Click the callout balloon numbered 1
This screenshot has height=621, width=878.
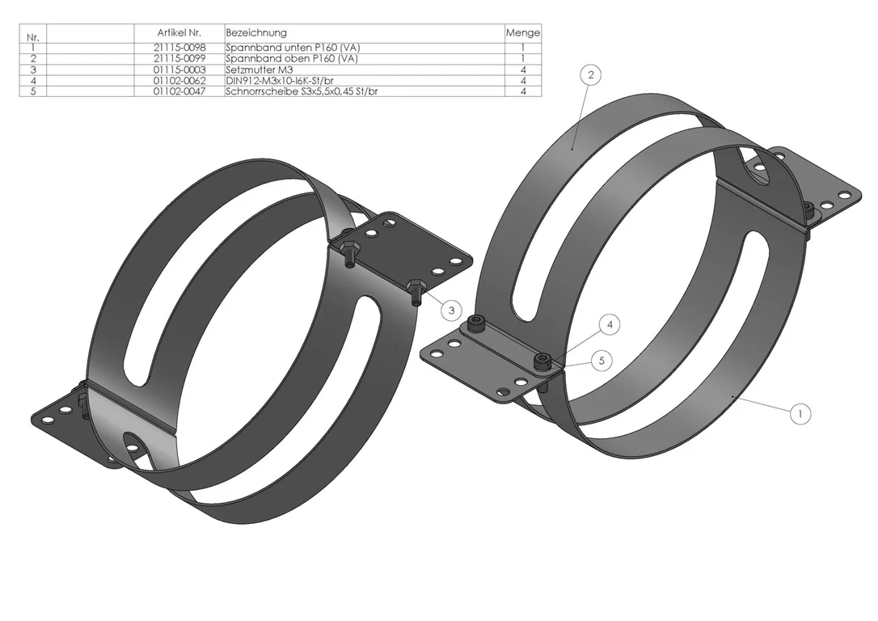tap(800, 414)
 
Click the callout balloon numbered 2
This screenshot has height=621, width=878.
tap(591, 75)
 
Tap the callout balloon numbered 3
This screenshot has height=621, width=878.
tap(451, 310)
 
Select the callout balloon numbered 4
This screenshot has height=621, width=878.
tap(610, 325)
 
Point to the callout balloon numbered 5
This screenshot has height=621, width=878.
tap(602, 361)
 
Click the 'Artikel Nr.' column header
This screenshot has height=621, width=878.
tap(179, 33)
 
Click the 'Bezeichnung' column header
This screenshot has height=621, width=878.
tap(256, 33)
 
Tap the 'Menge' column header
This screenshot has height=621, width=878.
tap(523, 33)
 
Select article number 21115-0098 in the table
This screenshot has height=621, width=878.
tap(179, 49)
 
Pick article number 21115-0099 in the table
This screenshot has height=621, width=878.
tap(179, 59)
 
